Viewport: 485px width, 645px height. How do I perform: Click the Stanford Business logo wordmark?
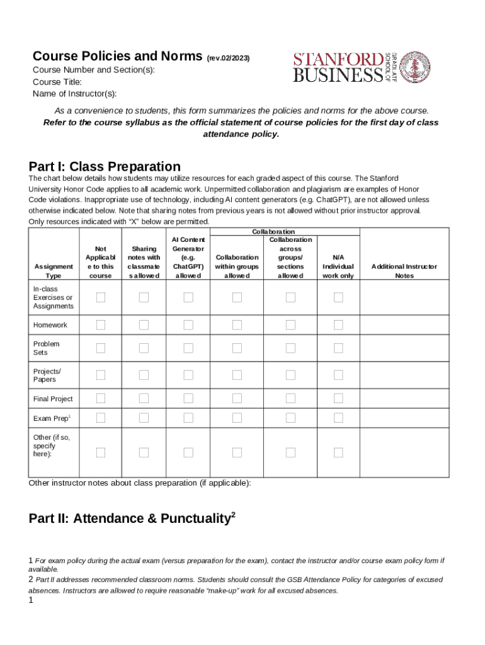[x=338, y=67]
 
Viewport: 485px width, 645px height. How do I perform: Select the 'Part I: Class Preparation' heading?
[x=105, y=167]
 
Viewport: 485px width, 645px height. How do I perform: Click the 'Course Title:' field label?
[x=57, y=82]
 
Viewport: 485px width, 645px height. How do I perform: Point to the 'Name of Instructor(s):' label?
[x=74, y=94]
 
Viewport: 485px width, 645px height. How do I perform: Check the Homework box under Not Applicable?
[x=101, y=325]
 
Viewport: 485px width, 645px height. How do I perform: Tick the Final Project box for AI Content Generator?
[x=188, y=398]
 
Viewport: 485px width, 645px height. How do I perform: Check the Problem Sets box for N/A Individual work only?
[x=338, y=348]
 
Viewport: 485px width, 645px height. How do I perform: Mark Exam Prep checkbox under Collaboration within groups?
[x=237, y=418]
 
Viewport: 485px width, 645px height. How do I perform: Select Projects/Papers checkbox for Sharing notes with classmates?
[x=144, y=375]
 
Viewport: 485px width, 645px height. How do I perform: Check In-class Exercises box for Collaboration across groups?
[x=290, y=297]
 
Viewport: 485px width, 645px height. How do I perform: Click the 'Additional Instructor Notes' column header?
[x=404, y=271]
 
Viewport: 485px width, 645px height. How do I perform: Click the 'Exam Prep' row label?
[x=51, y=418]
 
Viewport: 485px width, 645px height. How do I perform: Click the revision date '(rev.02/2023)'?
[x=228, y=58]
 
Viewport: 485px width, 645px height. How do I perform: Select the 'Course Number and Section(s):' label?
[x=93, y=70]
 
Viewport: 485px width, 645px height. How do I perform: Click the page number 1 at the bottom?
[x=31, y=601]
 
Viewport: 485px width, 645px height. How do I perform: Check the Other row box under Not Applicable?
[x=101, y=452]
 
